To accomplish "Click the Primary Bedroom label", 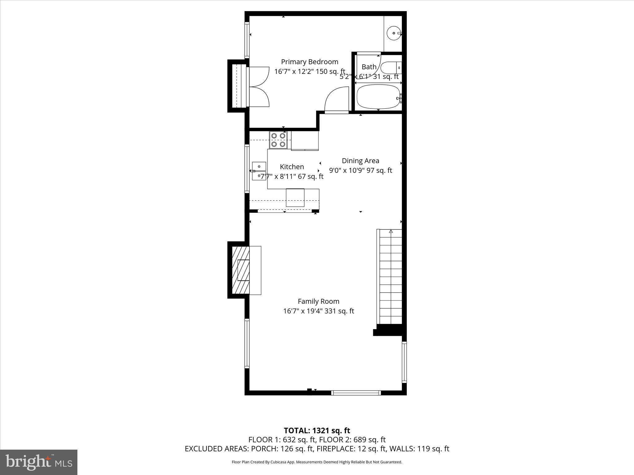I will (309, 62).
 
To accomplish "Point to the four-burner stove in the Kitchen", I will (278, 140).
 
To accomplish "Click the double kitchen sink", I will (259, 171).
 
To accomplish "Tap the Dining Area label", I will (360, 161).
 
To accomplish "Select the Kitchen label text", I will (292, 167).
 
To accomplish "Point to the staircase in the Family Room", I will (390, 277).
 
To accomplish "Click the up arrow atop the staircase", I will (391, 231).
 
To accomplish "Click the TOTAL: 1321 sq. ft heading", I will (317, 430).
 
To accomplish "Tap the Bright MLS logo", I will (39, 462).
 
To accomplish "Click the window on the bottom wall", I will (356, 393).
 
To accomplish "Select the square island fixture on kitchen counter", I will (295, 198).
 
